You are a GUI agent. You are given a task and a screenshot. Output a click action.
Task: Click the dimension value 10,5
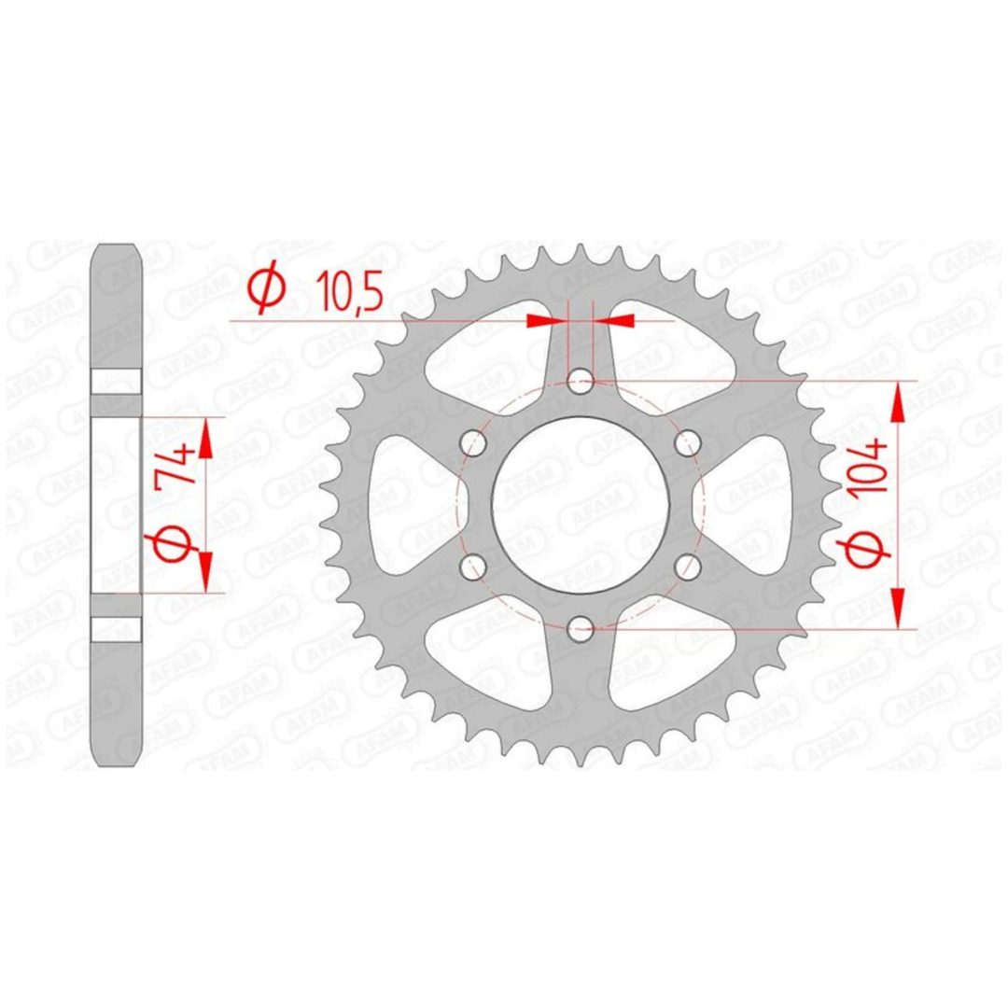point(350,291)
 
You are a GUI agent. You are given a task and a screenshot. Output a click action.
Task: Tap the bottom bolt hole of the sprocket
point(581,629)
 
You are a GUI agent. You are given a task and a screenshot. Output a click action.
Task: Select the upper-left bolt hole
point(474,443)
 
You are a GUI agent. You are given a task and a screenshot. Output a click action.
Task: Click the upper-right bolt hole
point(688,443)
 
